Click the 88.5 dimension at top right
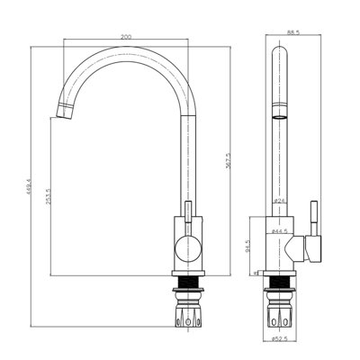[x=292, y=33]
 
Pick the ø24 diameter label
[x=280, y=201]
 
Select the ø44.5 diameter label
[x=282, y=232]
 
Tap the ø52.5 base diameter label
[x=282, y=338]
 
